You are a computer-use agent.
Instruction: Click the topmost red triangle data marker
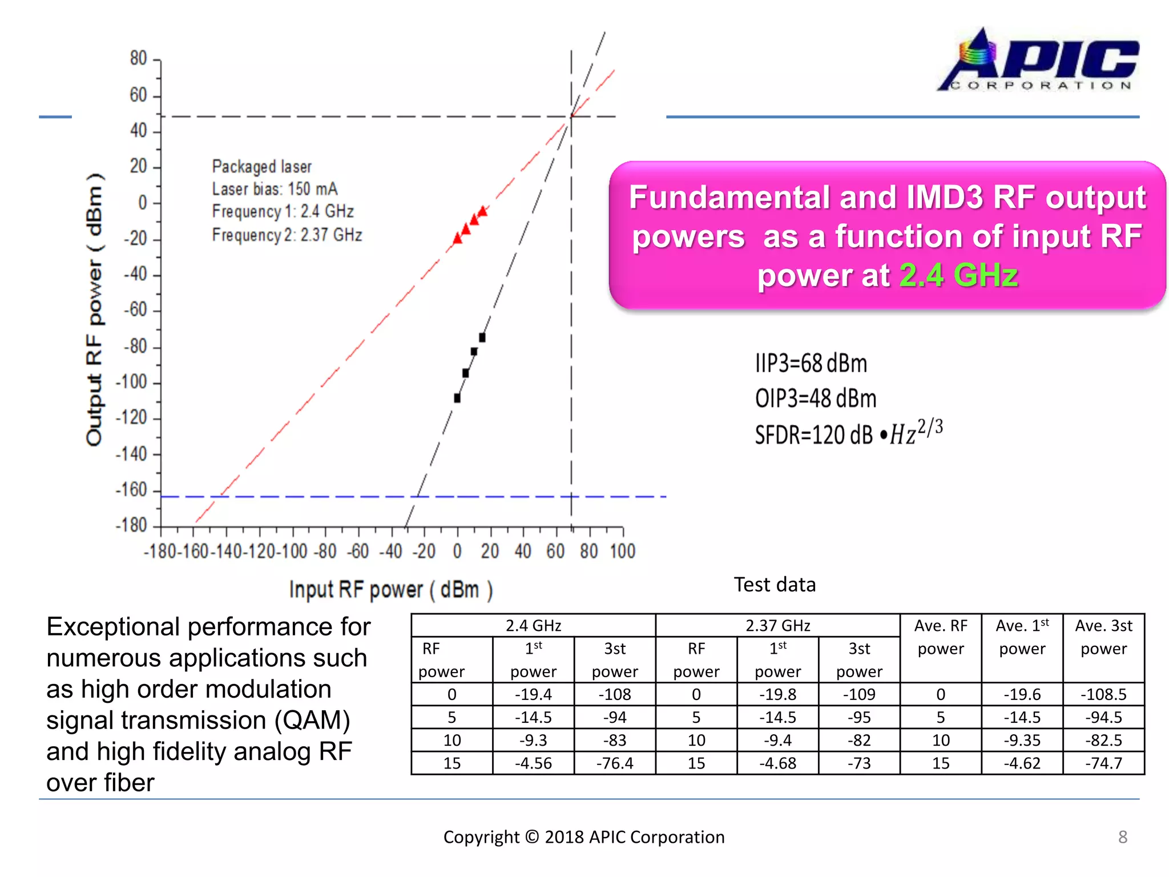pos(483,211)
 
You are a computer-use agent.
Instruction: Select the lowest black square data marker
pos(457,398)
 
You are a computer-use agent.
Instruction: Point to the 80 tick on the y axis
pos(139,58)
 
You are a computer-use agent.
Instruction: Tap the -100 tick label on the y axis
pos(131,382)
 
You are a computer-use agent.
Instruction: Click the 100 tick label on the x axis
pos(622,552)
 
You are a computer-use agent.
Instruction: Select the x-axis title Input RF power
pos(390,589)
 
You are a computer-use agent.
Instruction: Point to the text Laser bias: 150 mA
pos(275,189)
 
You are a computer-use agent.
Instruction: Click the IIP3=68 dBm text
pos(811,364)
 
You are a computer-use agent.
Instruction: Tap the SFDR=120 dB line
pos(848,433)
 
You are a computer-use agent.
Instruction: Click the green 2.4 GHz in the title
pos(958,275)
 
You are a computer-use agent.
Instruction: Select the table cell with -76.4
pos(615,763)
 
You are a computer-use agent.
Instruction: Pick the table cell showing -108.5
pos(1103,694)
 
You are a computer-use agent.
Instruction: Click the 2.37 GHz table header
pos(777,626)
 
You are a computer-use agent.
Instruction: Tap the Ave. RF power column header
pos(941,637)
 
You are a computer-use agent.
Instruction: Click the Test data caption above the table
pos(775,585)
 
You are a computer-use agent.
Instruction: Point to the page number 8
pos(1122,837)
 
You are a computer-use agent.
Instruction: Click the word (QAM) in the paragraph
pos(312,721)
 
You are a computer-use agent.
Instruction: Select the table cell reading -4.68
pos(777,763)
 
